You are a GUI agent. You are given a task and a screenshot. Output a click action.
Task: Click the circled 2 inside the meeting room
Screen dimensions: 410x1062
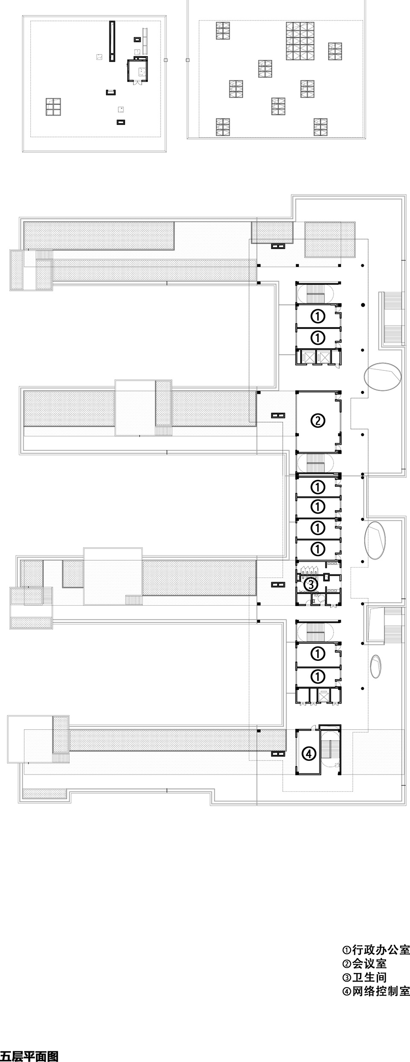(x=318, y=421)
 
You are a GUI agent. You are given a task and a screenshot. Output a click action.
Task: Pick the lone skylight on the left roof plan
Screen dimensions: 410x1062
(x=53, y=107)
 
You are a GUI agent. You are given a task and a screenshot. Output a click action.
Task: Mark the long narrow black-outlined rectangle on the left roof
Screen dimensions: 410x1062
(x=112, y=41)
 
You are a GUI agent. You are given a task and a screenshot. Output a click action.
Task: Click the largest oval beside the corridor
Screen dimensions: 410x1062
(x=384, y=376)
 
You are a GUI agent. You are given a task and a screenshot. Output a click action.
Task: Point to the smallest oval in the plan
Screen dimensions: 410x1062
(x=376, y=666)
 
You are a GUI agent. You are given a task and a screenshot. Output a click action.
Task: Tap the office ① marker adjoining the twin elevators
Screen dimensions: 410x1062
(x=318, y=338)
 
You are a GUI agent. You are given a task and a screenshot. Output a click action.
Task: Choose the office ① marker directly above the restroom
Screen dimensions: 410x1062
(x=318, y=549)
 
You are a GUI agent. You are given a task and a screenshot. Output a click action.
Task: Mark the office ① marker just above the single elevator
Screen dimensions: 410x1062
(x=318, y=677)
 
